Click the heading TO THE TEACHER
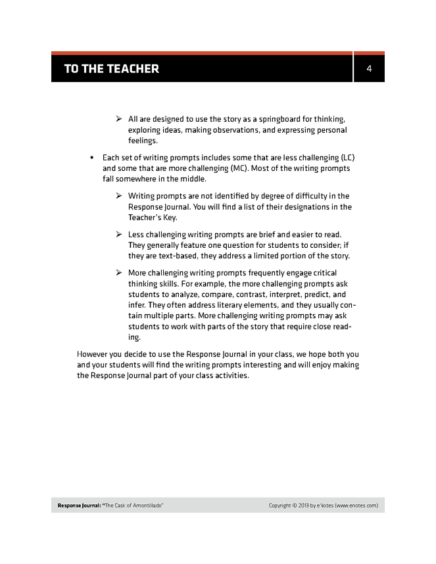point(111,68)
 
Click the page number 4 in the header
point(370,68)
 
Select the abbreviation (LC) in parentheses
point(351,158)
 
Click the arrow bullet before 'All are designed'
point(119,119)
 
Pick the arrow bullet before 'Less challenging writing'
point(119,235)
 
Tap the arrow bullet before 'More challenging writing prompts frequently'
point(119,273)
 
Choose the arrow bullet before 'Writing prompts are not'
point(119,196)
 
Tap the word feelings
point(143,141)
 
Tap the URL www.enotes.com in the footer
point(356,505)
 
